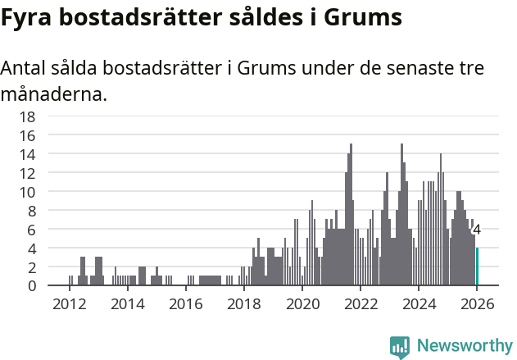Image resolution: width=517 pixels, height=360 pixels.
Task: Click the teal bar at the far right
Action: coord(478,267)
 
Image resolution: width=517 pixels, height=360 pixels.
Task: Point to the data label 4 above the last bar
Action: coord(477,230)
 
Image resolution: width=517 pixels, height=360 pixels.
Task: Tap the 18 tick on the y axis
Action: coord(27,116)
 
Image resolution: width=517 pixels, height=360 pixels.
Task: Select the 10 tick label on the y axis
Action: coord(27,192)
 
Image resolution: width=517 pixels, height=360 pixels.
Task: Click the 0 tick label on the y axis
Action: coord(31,286)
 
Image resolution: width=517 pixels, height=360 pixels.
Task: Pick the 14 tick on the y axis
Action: coord(27,154)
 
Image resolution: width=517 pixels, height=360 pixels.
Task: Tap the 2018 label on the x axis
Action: coord(243,303)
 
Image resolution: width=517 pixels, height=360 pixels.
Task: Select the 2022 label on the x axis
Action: coord(361,303)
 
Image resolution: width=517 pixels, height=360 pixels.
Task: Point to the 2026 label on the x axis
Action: coord(477,303)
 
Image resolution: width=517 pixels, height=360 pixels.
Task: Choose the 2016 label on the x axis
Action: coord(185,303)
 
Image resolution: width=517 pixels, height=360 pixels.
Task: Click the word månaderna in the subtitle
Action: coord(54,94)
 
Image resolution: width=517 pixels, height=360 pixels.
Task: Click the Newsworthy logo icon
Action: coord(400,346)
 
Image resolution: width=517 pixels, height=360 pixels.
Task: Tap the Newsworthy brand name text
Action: coord(464,346)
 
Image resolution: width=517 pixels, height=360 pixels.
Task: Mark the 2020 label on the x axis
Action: coord(302,303)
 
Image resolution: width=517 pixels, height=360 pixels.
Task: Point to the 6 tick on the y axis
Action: coord(31,230)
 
